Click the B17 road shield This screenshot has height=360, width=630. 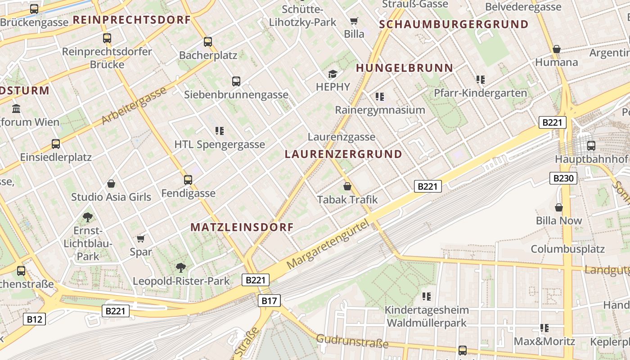click(269, 301)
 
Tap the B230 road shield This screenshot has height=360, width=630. click(563, 178)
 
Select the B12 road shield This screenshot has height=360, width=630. click(34, 319)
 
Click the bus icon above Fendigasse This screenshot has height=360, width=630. click(188, 180)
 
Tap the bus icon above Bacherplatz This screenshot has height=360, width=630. click(207, 42)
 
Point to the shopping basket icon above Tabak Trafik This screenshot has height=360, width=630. click(347, 186)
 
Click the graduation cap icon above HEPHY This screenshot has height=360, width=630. click(333, 74)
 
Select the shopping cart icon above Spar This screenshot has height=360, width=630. click(141, 238)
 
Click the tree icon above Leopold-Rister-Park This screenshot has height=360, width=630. click(180, 268)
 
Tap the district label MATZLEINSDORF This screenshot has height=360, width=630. click(242, 227)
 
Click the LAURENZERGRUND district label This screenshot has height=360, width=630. click(343, 154)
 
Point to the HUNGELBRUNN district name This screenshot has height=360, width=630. click(405, 68)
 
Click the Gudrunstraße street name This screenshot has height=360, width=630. click(352, 341)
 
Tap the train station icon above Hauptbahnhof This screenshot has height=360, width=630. click(591, 146)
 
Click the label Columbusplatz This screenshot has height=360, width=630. click(567, 249)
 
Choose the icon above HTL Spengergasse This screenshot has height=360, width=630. click(220, 131)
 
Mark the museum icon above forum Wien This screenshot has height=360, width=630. click(17, 108)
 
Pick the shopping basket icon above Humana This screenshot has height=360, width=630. click(557, 49)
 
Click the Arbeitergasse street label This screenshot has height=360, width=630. click(134, 106)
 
